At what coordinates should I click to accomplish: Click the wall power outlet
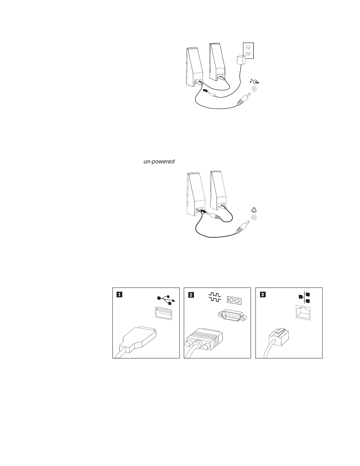pos(249,51)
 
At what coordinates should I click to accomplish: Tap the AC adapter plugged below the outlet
pos(239,60)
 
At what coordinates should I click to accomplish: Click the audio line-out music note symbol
pos(255,82)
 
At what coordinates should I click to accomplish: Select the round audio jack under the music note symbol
pos(254,89)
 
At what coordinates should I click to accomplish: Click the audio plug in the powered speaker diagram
pos(243,100)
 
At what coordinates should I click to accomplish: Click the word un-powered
pos(158,161)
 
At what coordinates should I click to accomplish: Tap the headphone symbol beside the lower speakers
pos(254,210)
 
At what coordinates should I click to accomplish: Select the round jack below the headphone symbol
pos(254,217)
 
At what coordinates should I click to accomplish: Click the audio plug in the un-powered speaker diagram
pos(242,228)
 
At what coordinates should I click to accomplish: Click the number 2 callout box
pos(191,295)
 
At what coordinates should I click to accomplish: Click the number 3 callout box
pos(263,295)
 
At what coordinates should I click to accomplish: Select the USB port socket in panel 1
pos(163,314)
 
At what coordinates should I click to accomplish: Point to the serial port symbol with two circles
pos(234,300)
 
